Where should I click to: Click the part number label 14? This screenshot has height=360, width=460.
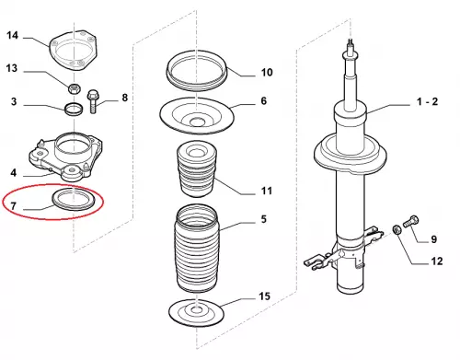(x=12, y=35)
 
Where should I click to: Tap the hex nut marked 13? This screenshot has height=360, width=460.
(x=74, y=88)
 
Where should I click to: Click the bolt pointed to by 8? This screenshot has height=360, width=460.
(x=93, y=101)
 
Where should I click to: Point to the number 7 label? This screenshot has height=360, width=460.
(x=13, y=205)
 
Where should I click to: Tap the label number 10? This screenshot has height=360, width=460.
(x=267, y=72)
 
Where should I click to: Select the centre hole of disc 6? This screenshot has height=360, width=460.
(x=196, y=122)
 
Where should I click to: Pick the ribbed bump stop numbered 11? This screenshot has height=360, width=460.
(x=197, y=168)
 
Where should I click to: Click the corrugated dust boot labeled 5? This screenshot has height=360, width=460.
(x=197, y=249)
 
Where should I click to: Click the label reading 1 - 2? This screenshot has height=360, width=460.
(x=427, y=101)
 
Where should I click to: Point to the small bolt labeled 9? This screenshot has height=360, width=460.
(x=411, y=221)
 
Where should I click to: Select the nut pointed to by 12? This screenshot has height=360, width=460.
(x=397, y=229)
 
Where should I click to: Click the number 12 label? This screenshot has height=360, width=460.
(x=437, y=261)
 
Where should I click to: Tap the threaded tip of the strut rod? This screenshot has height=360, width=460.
(x=350, y=45)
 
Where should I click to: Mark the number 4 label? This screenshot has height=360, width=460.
(x=13, y=173)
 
